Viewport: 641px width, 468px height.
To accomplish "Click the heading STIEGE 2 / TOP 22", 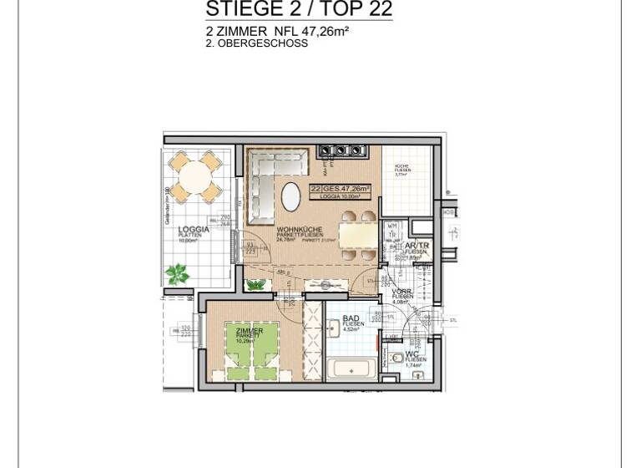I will [x=298, y=10].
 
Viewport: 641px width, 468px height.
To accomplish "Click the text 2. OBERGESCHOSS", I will [x=256, y=43].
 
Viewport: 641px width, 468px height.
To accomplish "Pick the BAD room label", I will [x=351, y=318].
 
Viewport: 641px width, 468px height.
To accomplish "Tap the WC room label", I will [x=412, y=354].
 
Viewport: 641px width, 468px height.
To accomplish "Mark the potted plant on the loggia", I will [x=177, y=273].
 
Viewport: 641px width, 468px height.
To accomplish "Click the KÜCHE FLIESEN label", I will [x=401, y=170].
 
